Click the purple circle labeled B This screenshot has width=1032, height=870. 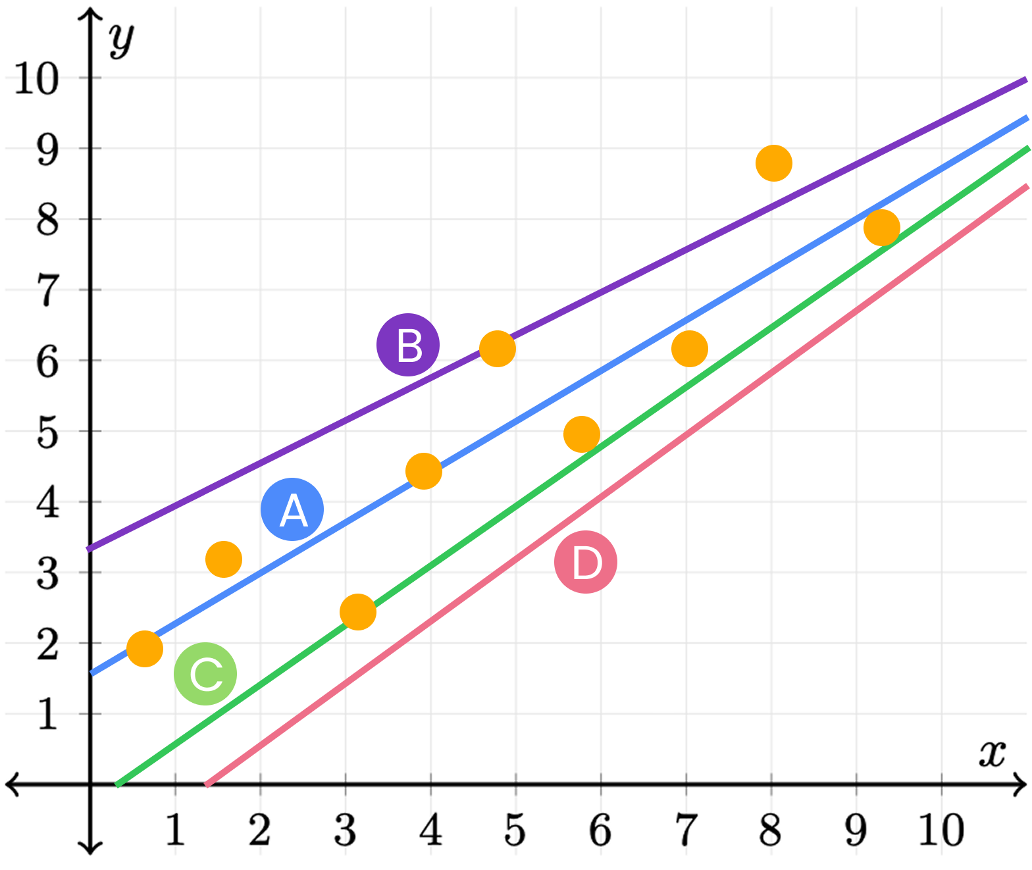(408, 345)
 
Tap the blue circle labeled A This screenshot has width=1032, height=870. (292, 509)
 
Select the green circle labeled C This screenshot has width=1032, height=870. (205, 673)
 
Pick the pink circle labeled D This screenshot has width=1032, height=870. (586, 562)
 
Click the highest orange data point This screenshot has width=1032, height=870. (773, 163)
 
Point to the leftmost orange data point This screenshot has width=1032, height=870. (145, 649)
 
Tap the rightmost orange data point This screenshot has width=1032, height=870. (881, 228)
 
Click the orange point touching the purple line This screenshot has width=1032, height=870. (497, 348)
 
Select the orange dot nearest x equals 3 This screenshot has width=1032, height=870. (358, 612)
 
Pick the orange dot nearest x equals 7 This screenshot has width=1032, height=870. (689, 348)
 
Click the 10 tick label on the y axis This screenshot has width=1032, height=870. (37, 79)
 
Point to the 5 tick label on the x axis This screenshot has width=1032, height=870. (515, 830)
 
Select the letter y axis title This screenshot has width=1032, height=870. (122, 39)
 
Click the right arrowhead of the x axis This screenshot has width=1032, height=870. (1019, 784)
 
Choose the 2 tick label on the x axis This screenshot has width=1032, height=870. (260, 830)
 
